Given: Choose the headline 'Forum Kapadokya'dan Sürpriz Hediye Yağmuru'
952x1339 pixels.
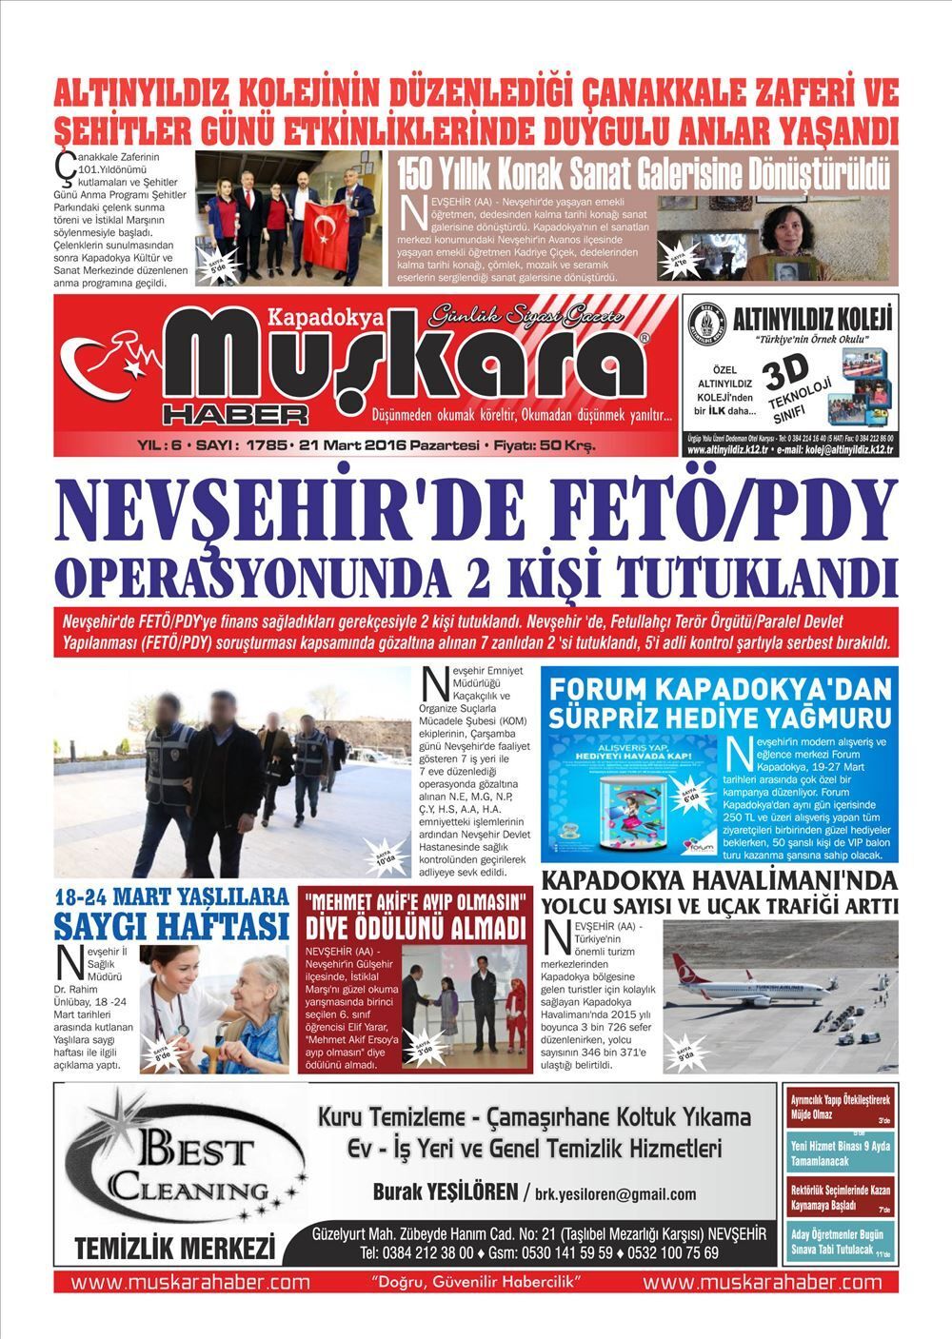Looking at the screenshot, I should click(719, 700).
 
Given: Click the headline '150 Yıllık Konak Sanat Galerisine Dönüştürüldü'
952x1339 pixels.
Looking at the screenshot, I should click(644, 173).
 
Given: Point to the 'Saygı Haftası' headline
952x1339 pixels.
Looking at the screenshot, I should click(171, 925).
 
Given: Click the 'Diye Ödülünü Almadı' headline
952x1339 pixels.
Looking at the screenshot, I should click(415, 929).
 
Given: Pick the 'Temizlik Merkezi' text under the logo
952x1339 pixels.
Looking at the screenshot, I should click(174, 1247).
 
